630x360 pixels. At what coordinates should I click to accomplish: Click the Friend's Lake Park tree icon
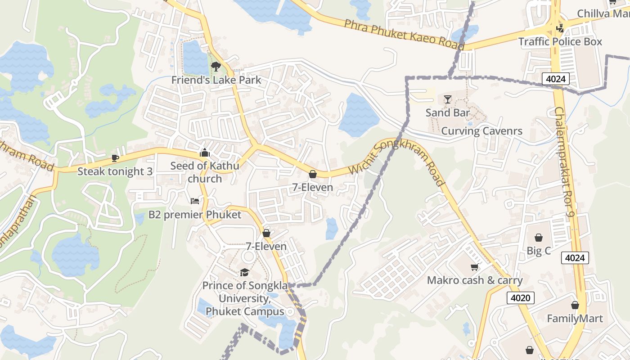click(216, 67)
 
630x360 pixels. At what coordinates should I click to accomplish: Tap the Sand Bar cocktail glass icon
click(447, 99)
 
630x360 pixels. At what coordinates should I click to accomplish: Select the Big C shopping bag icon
click(539, 238)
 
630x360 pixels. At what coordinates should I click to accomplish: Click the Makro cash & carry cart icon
click(474, 267)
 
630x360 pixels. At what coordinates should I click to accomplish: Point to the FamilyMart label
click(575, 319)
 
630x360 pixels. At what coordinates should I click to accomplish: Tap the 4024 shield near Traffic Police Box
click(555, 79)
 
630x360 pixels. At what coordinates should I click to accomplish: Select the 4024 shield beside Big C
click(575, 258)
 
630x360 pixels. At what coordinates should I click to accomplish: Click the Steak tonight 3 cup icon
click(115, 158)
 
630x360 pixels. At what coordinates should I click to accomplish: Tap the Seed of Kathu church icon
click(205, 153)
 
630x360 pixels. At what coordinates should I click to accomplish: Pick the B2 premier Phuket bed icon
click(194, 201)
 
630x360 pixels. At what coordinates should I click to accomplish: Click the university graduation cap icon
click(244, 272)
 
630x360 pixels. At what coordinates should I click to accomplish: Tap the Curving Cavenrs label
click(481, 131)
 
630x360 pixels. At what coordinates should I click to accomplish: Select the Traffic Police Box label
click(560, 42)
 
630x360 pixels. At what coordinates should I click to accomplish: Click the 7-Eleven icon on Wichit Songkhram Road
click(313, 174)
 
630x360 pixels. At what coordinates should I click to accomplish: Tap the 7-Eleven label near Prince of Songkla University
click(266, 246)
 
